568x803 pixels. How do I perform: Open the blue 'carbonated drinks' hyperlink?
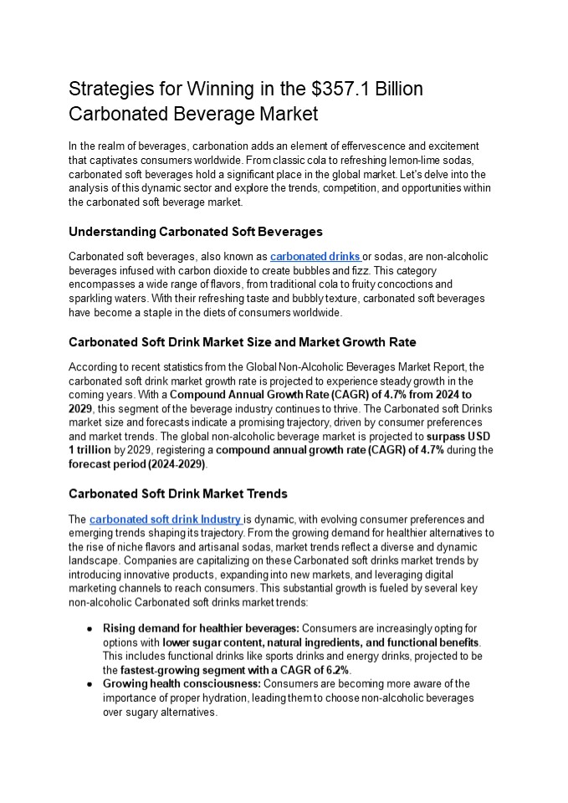coord(315,257)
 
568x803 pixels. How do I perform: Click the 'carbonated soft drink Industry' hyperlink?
coord(166,519)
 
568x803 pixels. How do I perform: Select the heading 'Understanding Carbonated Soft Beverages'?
coord(195,232)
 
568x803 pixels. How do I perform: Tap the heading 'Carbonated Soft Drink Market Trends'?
coord(177,494)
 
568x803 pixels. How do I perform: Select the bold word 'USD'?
coord(478,437)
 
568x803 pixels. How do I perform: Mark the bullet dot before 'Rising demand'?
coord(89,628)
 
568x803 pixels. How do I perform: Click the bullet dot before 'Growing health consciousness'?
coord(89,684)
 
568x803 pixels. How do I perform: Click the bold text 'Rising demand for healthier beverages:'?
coord(201,628)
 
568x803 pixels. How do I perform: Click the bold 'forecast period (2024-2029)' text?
coord(137,463)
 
